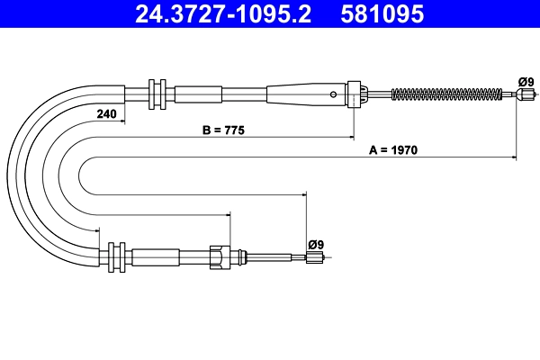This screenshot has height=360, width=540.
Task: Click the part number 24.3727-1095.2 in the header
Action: click(223, 13)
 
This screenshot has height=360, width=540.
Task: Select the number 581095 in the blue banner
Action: click(382, 13)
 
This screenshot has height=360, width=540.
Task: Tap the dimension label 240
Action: click(106, 113)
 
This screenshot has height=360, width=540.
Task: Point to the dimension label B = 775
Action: click(223, 130)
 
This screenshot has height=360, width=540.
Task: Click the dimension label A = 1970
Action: click(393, 150)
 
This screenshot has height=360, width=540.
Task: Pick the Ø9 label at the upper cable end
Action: click(526, 82)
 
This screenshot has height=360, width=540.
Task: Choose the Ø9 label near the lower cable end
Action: click(316, 245)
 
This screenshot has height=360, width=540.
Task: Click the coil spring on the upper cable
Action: click(446, 94)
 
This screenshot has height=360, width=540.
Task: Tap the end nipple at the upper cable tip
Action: click(526, 94)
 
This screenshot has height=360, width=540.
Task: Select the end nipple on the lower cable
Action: click(315, 257)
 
